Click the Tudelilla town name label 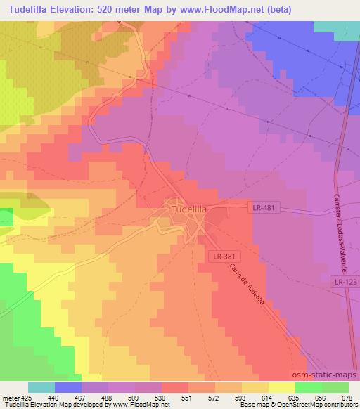[187, 208]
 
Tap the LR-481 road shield [265, 207]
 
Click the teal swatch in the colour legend [41, 387]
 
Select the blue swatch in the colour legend [68, 387]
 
